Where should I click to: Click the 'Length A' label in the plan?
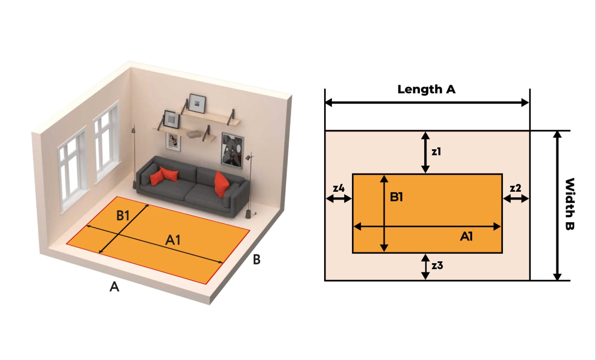click(x=426, y=89)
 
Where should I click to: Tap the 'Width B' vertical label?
click(x=570, y=204)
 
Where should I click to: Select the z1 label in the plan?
click(x=436, y=152)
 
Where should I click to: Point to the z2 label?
click(x=515, y=188)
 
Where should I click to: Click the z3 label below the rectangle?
click(x=437, y=265)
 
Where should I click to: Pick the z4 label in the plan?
click(x=339, y=188)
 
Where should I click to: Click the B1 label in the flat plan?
click(x=396, y=197)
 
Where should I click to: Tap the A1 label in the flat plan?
click(x=466, y=236)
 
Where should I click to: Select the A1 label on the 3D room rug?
click(x=173, y=240)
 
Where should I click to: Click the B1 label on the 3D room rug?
click(x=123, y=215)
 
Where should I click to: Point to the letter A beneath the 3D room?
click(x=114, y=287)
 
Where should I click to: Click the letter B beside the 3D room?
click(x=256, y=259)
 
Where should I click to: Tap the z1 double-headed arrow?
click(x=425, y=152)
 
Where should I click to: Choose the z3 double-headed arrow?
click(x=425, y=267)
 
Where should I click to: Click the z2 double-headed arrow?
click(x=516, y=198)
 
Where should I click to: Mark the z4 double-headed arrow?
click(x=339, y=198)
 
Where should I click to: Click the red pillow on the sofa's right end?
click(x=221, y=183)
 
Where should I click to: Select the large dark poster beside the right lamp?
click(x=232, y=149)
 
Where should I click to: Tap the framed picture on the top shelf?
click(x=197, y=103)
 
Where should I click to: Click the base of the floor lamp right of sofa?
click(x=248, y=214)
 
